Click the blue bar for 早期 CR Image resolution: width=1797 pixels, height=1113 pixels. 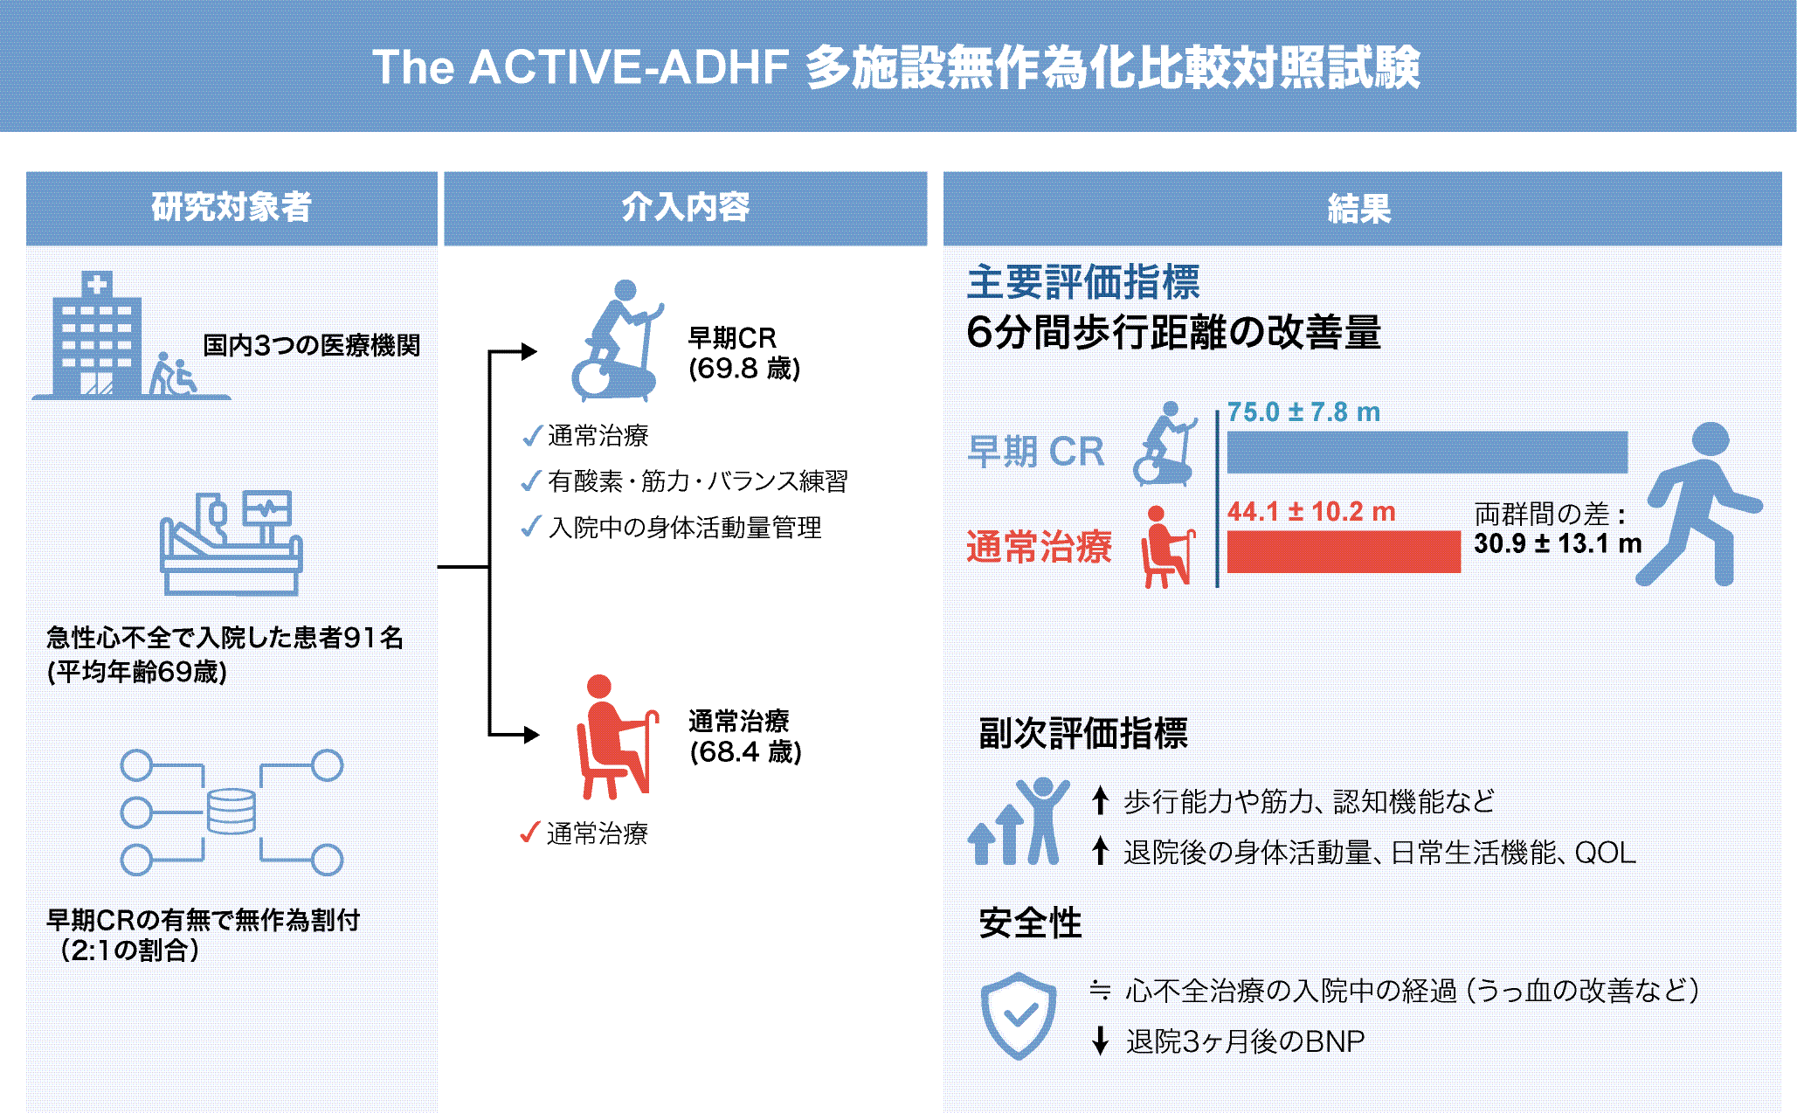pyautogui.click(x=1427, y=452)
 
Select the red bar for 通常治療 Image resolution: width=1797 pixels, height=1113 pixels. pyautogui.click(x=1344, y=551)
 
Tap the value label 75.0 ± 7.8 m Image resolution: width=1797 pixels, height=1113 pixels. pyautogui.click(x=1303, y=411)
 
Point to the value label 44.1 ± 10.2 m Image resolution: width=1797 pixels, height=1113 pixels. pyautogui.click(x=1311, y=511)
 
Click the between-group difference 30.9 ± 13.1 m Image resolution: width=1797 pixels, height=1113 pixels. pyautogui.click(x=1558, y=543)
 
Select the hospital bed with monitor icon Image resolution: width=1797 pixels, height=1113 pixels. pyautogui.click(x=232, y=543)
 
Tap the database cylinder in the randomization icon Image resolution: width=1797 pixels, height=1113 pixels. pyautogui.click(x=232, y=812)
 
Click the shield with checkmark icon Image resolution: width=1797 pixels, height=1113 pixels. pyautogui.click(x=1019, y=1015)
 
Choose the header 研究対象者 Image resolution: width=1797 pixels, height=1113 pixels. pyautogui.click(x=232, y=208)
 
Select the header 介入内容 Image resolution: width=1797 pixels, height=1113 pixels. pyautogui.click(x=686, y=208)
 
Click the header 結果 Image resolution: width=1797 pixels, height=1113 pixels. pyautogui.click(x=1359, y=209)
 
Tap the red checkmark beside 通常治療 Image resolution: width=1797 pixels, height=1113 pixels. pyautogui.click(x=529, y=832)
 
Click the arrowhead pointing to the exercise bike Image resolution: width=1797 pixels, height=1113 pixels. pyautogui.click(x=529, y=351)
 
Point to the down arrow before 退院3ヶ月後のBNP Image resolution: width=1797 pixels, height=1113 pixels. pyautogui.click(x=1101, y=1040)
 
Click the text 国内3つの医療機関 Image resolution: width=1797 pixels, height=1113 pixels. pyautogui.click(x=312, y=345)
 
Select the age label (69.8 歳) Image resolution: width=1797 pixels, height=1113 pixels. pyautogui.click(x=744, y=369)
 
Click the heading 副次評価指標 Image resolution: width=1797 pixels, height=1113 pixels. pyautogui.click(x=1083, y=733)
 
